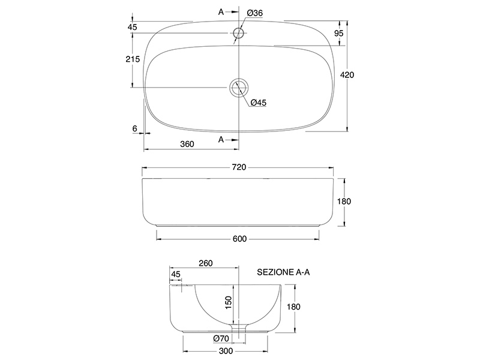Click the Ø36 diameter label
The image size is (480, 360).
[254, 13]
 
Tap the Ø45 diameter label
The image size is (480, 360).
[259, 103]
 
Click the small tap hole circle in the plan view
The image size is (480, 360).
[238, 33]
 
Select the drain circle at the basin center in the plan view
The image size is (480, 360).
[238, 88]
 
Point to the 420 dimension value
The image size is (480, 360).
[347, 74]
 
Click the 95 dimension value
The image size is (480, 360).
[339, 33]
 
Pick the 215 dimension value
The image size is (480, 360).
[133, 59]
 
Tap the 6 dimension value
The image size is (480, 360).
[134, 128]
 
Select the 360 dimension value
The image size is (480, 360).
[187, 144]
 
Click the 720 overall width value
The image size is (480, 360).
[239, 167]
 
